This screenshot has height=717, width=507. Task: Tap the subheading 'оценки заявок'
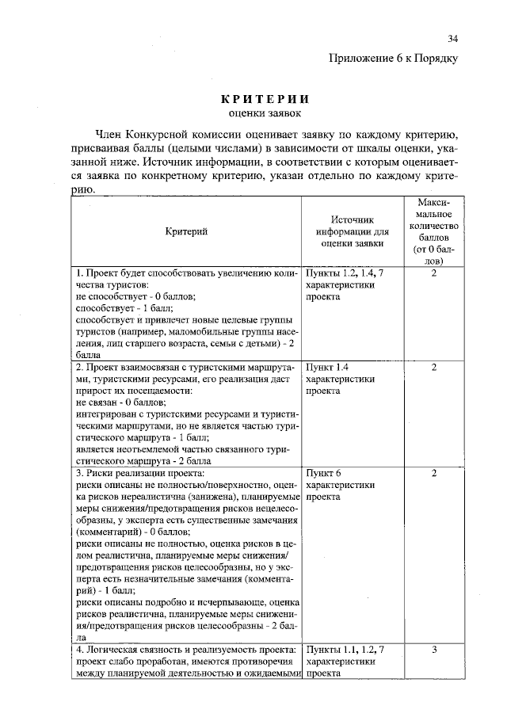[x=264, y=115]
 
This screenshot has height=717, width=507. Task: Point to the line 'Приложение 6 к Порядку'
[x=394, y=58]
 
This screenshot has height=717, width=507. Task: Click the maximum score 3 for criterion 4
[x=434, y=649]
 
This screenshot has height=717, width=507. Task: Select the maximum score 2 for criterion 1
[x=434, y=273]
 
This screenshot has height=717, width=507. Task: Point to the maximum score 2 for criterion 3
[x=434, y=473]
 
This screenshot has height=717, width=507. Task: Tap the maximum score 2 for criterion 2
[x=434, y=368]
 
